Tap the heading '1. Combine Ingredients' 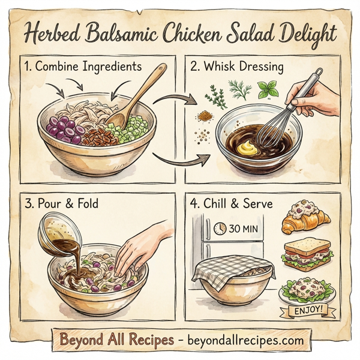[82, 67]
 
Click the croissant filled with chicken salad [304, 220]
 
